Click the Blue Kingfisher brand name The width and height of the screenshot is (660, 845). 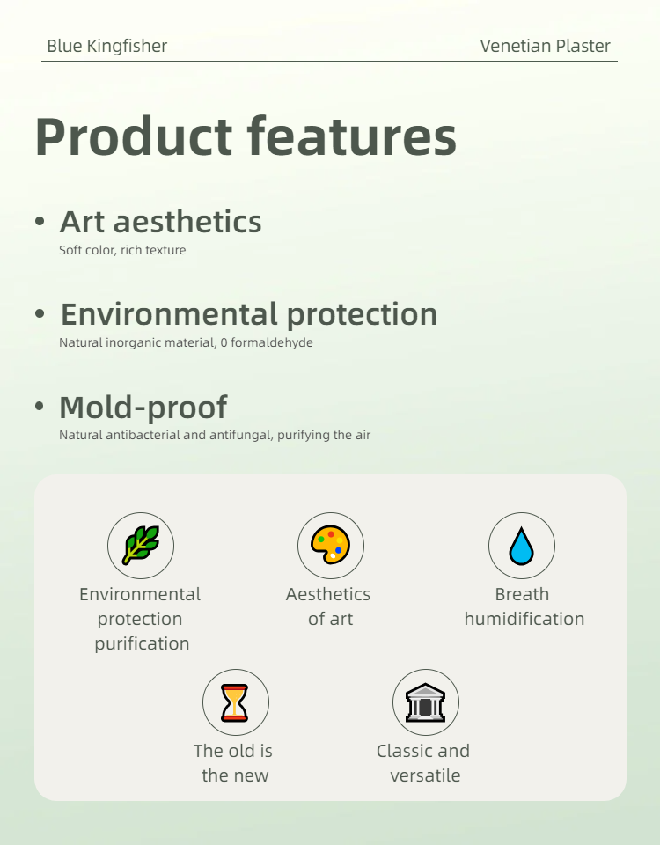pos(106,47)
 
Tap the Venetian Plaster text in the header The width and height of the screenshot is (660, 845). pos(545,47)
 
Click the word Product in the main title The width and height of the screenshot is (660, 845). pos(133,136)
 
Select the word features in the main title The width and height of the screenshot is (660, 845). pos(351,136)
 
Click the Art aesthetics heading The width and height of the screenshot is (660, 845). pos(160,222)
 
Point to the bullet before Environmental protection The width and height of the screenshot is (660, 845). pos(40,314)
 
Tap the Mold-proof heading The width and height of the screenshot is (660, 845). pos(143,408)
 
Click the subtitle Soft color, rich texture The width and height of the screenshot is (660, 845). pos(122,250)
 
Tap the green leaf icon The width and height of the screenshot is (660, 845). pos(141,546)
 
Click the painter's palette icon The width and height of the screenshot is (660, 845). pos(331,546)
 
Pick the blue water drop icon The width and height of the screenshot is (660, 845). pos(522,546)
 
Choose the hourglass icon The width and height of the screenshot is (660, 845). pos(235,702)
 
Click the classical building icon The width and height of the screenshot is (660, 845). pos(426,702)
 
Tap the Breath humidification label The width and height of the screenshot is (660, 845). pos(524,606)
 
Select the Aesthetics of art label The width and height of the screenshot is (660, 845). pos(328,606)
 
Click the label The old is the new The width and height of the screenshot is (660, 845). pos(233,763)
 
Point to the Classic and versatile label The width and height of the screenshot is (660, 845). pos(423,763)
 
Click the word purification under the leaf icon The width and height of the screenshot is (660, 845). pos(142,643)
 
